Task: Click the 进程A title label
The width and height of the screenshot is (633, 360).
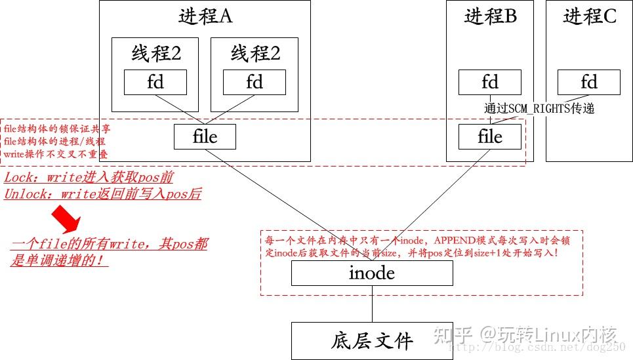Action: (x=205, y=17)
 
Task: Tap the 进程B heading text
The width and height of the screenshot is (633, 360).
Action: (x=490, y=17)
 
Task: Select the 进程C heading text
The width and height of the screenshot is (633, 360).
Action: (x=589, y=17)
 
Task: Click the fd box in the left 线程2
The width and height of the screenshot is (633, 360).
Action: (x=155, y=82)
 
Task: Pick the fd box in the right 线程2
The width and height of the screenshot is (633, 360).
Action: (x=254, y=82)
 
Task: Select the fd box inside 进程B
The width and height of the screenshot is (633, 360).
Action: (x=490, y=82)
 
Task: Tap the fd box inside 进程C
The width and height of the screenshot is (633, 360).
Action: (x=589, y=82)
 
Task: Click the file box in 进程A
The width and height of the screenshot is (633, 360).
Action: (x=205, y=136)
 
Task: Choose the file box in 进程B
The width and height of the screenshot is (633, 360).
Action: (x=490, y=136)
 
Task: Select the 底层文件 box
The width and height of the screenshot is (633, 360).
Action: (x=372, y=341)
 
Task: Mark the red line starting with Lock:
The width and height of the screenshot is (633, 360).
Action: (x=89, y=178)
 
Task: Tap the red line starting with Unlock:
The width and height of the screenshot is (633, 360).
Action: (x=102, y=194)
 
